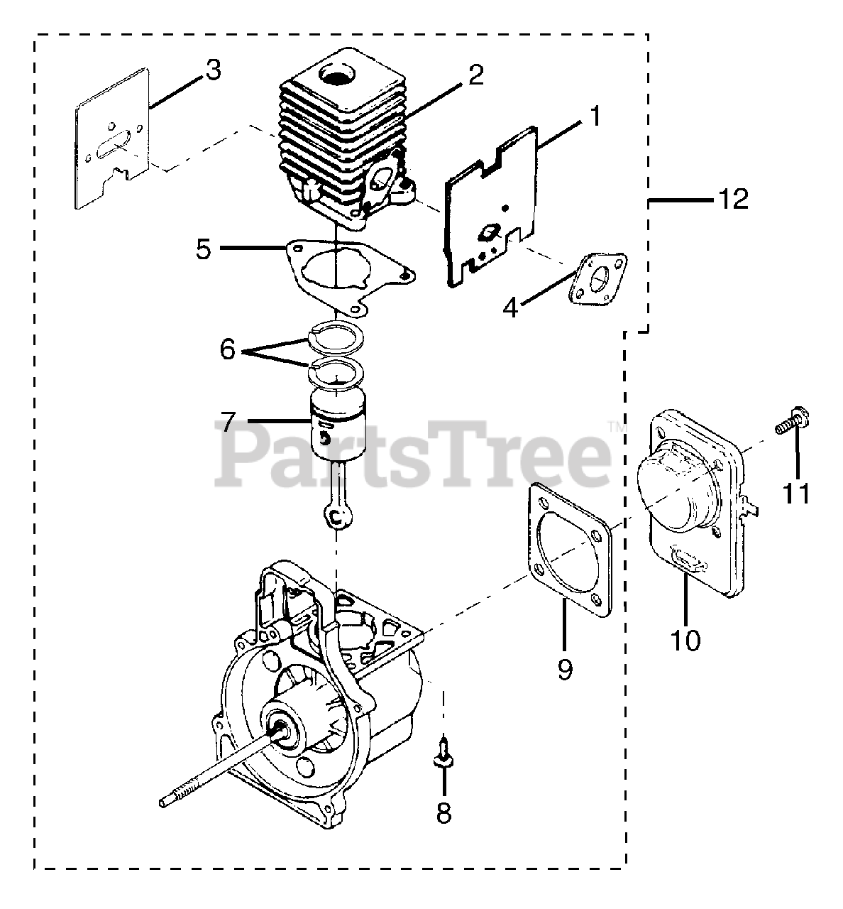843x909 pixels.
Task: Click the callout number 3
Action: point(213,70)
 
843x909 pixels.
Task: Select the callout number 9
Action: point(564,668)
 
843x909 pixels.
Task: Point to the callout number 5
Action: point(204,249)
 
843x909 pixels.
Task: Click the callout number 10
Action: point(686,640)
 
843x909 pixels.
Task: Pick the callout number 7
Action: point(227,422)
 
